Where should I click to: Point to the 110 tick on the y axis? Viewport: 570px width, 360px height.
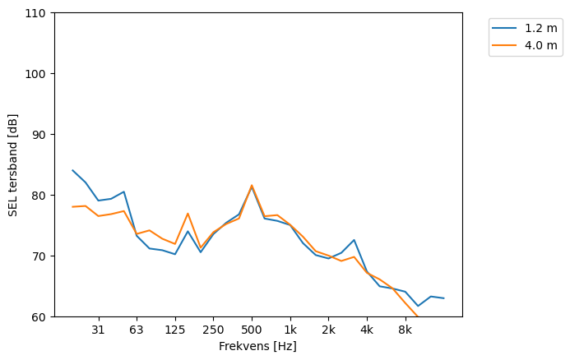tap(38, 13)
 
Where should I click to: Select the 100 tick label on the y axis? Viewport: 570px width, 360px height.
tap(38, 74)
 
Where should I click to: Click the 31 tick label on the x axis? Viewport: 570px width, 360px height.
tap(98, 330)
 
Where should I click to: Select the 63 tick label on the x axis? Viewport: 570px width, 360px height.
tap(137, 330)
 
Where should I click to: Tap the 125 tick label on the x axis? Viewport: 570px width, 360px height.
tap(174, 330)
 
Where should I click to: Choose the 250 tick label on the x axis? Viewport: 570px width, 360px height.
tap(213, 330)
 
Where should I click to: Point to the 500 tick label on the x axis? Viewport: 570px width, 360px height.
tap(252, 330)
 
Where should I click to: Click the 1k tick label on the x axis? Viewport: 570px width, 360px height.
tap(290, 330)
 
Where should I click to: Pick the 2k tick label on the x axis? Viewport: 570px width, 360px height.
tap(328, 330)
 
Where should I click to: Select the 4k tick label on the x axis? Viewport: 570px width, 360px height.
tap(367, 330)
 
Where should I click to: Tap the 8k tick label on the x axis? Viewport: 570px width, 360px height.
tap(405, 330)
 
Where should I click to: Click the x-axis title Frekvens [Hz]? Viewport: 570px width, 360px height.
tap(257, 346)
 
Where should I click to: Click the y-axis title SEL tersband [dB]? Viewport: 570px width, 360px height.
tap(13, 164)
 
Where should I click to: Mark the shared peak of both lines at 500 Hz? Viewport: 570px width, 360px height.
tap(252, 186)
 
